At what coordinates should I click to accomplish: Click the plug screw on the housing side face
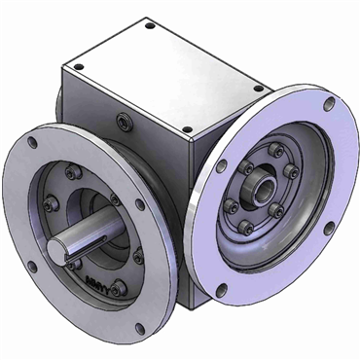(124, 120)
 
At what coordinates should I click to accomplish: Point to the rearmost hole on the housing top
(148, 26)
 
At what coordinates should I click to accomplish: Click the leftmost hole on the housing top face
(82, 64)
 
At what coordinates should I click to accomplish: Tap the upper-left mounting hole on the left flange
(34, 143)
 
